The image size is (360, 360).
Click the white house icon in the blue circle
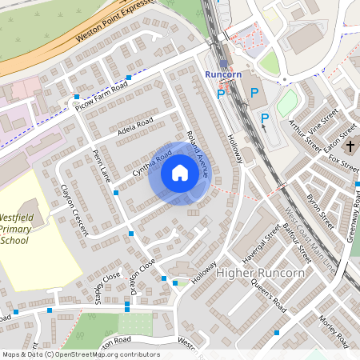point(180,173)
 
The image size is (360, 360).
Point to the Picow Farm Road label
point(102,95)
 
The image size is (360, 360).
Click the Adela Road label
point(134,127)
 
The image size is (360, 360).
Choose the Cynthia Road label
point(152,162)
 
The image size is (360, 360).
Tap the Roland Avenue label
point(197,149)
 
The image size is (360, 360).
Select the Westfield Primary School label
point(26,228)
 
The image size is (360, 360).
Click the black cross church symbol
point(350,147)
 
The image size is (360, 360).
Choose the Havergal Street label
point(259,242)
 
